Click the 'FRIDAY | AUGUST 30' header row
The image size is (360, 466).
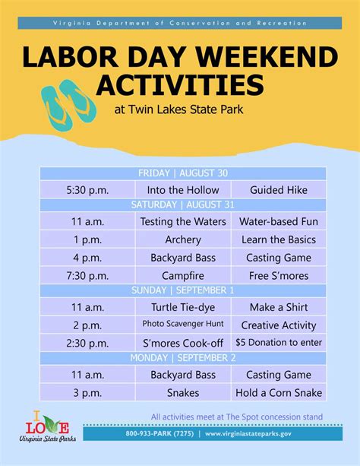tap(183, 173)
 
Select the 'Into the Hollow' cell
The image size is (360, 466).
tap(183, 189)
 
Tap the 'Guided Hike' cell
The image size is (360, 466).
tap(278, 189)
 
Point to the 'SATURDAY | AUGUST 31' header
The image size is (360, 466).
tap(183, 205)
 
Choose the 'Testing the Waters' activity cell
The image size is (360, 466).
tap(183, 222)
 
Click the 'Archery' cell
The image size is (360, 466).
tap(183, 240)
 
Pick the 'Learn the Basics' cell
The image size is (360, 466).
tap(278, 240)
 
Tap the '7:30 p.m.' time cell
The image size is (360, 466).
tap(87, 275)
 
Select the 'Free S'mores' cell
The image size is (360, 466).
tap(278, 275)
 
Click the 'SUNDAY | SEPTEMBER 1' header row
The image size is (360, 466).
tap(183, 290)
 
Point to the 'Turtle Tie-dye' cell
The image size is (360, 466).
tap(183, 307)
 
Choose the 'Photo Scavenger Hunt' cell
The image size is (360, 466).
tap(183, 325)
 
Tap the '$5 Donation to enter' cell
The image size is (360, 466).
tap(278, 342)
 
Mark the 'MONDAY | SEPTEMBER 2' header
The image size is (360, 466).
tap(183, 358)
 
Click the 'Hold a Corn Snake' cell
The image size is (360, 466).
tap(278, 392)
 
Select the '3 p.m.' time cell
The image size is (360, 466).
tap(87, 392)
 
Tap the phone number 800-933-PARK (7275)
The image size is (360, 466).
tap(159, 434)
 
